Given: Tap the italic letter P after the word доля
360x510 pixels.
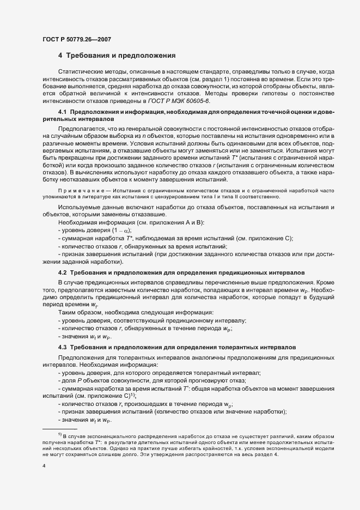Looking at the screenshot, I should coord(79,380).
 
